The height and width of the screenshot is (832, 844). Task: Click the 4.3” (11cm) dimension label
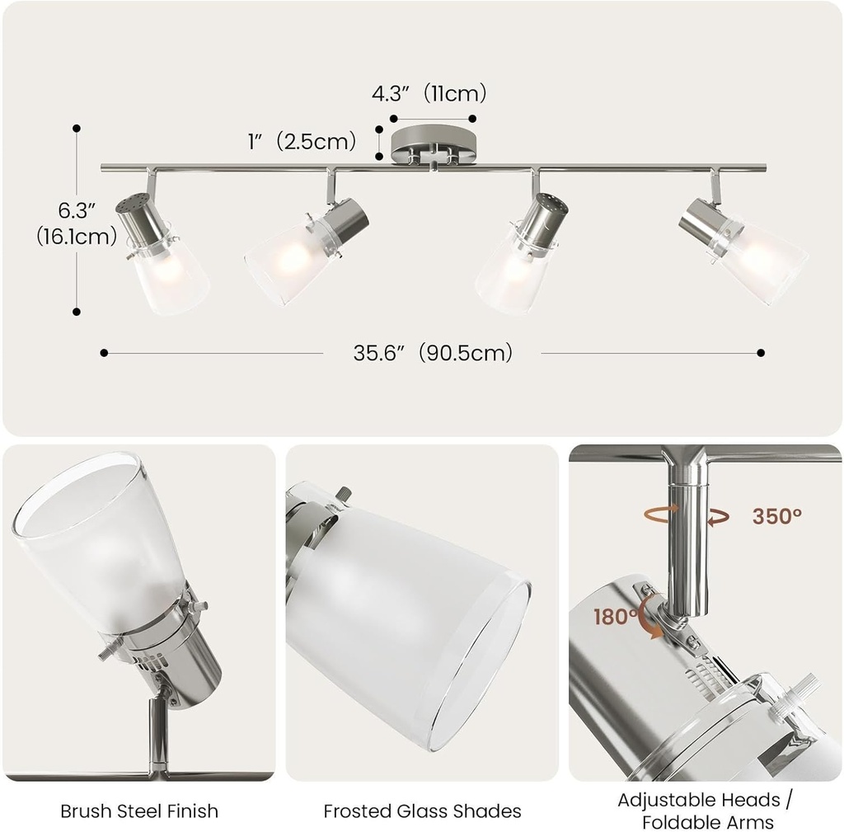coord(429,94)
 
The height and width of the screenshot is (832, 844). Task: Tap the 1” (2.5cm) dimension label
coord(302,141)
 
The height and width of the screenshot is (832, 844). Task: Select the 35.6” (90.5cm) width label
coord(433,353)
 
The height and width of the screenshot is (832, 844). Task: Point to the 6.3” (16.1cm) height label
coord(77,224)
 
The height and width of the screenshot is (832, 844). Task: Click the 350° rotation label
coord(776,516)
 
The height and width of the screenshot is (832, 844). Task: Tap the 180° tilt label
coord(614,617)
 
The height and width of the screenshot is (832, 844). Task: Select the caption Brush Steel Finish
coord(139,811)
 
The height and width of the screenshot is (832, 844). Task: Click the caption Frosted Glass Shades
coord(422,811)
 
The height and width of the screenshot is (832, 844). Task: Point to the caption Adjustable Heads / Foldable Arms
coord(698,811)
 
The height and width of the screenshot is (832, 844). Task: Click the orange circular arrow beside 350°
coord(687,515)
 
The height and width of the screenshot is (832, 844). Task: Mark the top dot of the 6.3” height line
coord(77,128)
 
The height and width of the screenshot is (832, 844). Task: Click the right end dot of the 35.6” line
coord(761,353)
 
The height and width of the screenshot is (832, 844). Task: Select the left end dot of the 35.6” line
coord(104,353)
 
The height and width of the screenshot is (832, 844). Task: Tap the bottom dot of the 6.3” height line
coord(77,312)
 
